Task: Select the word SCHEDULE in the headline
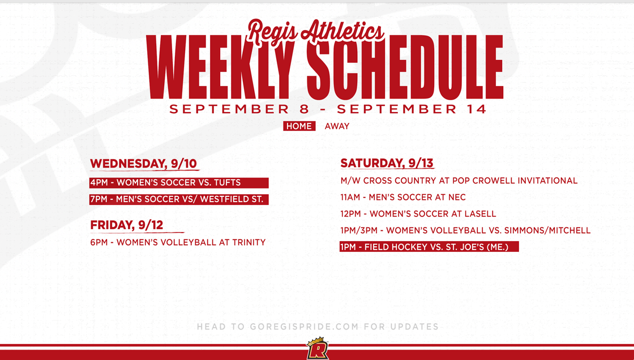(x=405, y=68)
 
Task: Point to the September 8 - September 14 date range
(x=328, y=109)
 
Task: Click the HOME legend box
(x=299, y=126)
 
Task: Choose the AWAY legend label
(x=337, y=126)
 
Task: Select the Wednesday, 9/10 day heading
(x=143, y=164)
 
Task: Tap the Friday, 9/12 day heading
(x=127, y=225)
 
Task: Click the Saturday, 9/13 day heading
(x=387, y=163)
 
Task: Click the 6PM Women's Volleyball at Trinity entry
(x=178, y=242)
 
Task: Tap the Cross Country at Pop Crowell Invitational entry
(x=459, y=181)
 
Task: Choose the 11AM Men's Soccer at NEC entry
(x=403, y=198)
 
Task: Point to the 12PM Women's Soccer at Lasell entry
(x=418, y=214)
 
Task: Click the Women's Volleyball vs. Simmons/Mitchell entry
(x=465, y=230)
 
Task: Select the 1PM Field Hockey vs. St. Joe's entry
(x=429, y=247)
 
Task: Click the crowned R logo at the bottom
(x=316, y=349)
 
